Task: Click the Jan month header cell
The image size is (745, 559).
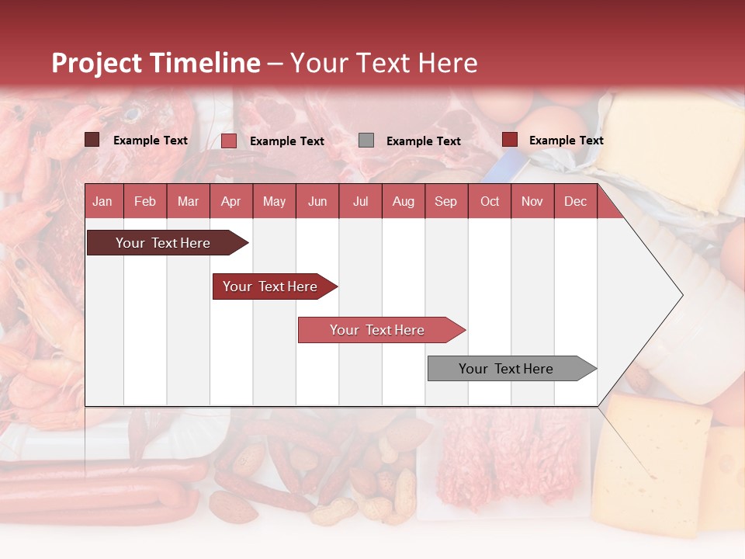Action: coord(103,201)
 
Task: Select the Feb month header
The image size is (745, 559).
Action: coord(145,201)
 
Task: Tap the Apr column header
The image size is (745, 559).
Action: coord(231,201)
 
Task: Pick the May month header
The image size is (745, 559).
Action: coord(274,201)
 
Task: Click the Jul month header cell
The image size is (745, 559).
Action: coord(360,201)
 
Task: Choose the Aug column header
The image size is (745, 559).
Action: coord(404,201)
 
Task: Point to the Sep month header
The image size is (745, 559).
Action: coord(446,201)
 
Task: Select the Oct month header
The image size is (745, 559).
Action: coord(490,201)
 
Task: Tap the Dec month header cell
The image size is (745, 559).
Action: coord(576,201)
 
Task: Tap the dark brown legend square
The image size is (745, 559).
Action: coord(92,140)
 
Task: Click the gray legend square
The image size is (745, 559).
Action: coord(366,140)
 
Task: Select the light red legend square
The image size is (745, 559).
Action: coord(229,141)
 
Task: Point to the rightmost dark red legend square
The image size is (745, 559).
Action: coord(510,140)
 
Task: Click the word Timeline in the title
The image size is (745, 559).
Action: coord(205,63)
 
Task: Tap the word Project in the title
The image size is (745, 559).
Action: coord(96,63)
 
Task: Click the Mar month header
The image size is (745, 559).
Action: coord(189,201)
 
